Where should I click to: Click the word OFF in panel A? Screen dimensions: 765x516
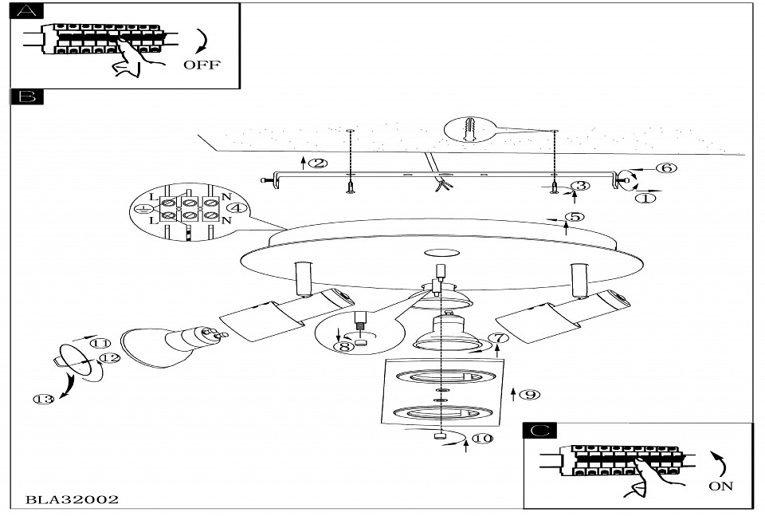coord(202,65)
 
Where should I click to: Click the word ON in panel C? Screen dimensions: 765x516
coord(720,486)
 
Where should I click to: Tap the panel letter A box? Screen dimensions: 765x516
coord(27,10)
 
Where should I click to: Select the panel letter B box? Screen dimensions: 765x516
coord(27,97)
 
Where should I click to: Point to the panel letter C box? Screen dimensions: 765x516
coord(540,431)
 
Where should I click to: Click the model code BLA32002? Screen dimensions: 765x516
coord(72,499)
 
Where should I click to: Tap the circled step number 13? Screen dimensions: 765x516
coord(43,400)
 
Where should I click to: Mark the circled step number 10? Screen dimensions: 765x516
coord(483,439)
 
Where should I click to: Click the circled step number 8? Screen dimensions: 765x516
coord(344,347)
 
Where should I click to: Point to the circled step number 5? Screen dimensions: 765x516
coord(575,217)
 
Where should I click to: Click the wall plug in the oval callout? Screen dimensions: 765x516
coord(469,129)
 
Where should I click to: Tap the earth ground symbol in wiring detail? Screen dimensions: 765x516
coord(142,209)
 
